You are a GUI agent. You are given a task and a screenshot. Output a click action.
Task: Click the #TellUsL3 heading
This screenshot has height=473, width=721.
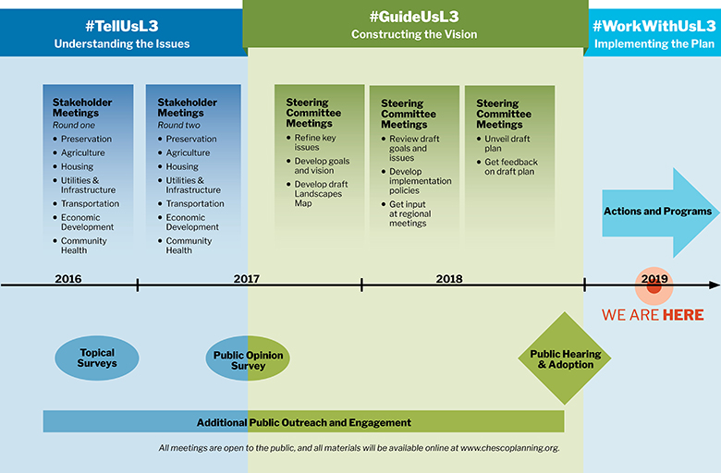(122, 26)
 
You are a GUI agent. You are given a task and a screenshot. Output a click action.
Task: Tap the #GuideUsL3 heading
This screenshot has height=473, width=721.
(414, 17)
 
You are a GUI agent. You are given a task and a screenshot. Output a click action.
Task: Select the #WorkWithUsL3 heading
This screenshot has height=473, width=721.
(654, 26)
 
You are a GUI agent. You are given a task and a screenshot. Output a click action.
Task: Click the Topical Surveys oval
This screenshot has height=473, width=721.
(97, 358)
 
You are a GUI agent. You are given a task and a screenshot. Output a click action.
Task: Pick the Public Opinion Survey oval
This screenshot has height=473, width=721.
(248, 358)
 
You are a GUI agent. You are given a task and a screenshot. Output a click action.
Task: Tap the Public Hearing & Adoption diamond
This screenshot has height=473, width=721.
(565, 358)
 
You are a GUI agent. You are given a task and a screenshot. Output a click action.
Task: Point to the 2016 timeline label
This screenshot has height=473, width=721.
(68, 279)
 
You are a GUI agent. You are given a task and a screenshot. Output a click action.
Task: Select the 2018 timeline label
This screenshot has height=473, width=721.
(449, 279)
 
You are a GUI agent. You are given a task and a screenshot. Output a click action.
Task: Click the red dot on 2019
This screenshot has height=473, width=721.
(654, 286)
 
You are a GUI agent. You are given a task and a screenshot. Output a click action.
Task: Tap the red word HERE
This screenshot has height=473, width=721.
(683, 315)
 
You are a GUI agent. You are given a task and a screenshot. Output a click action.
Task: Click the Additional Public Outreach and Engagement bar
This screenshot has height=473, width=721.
(303, 421)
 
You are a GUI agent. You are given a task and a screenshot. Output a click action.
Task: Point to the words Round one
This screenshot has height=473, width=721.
(74, 125)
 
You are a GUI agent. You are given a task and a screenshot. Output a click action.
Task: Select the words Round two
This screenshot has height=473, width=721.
(179, 125)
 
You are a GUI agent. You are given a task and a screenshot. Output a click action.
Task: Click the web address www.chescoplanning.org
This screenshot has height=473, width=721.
(509, 448)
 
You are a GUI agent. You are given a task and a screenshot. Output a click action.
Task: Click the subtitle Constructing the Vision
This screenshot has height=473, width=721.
(414, 34)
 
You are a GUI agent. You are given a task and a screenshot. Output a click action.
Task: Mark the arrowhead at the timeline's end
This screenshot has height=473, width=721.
(715, 285)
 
